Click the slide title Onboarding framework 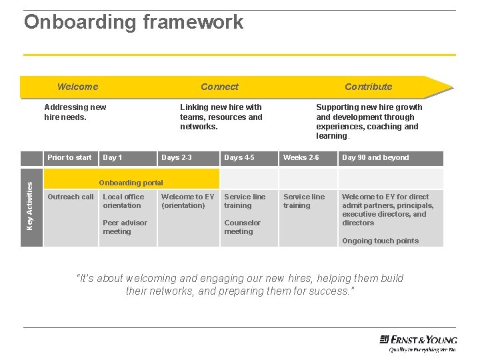[x=133, y=22]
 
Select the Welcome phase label [x=77, y=87]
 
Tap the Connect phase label [x=219, y=87]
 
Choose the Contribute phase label [x=368, y=87]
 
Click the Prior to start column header [x=69, y=158]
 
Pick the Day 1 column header [x=112, y=158]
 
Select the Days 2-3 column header [x=177, y=158]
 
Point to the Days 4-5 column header [x=239, y=158]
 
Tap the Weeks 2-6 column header [x=301, y=158]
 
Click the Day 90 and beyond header [x=375, y=158]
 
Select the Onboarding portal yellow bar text [x=131, y=183]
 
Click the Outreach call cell [x=71, y=197]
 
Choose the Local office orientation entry [x=123, y=201]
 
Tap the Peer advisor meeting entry [x=125, y=227]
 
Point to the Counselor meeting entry [x=242, y=227]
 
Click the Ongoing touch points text [x=380, y=241]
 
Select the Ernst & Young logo [x=417, y=341]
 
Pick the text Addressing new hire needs [x=75, y=112]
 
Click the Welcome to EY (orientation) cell [x=187, y=201]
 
